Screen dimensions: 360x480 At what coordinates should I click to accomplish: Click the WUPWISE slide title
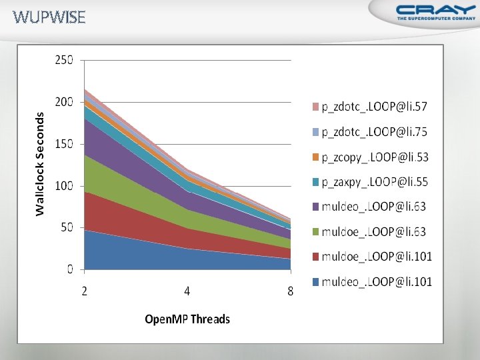[x=49, y=17]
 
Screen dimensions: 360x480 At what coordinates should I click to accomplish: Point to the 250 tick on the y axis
[x=64, y=60]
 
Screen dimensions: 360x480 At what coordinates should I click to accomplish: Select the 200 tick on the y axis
[x=64, y=102]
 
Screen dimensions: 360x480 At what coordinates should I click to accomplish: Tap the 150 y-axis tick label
[x=64, y=144]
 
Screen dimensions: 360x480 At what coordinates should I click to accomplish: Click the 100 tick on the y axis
[x=64, y=186]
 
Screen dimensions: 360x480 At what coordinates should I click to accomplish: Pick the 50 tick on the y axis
[x=67, y=228]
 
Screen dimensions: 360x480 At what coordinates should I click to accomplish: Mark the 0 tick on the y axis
[x=70, y=269]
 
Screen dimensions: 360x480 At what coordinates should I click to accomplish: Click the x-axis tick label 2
[x=85, y=291]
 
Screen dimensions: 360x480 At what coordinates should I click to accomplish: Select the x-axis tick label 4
[x=187, y=291]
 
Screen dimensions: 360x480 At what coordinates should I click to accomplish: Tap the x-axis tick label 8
[x=290, y=291]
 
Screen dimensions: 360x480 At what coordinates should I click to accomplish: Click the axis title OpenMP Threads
[x=187, y=319]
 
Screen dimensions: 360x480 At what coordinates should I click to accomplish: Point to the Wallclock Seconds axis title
[x=40, y=163]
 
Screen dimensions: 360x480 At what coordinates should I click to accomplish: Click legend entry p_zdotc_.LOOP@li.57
[x=374, y=107]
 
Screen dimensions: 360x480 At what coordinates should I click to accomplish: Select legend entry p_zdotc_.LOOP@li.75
[x=374, y=132]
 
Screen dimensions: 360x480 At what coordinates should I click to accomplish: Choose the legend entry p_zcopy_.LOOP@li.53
[x=374, y=157]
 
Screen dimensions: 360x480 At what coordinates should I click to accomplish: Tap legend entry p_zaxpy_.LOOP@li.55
[x=374, y=182]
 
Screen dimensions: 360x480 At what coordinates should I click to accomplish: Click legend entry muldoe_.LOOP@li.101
[x=377, y=257]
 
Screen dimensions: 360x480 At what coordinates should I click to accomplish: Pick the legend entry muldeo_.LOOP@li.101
[x=377, y=282]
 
